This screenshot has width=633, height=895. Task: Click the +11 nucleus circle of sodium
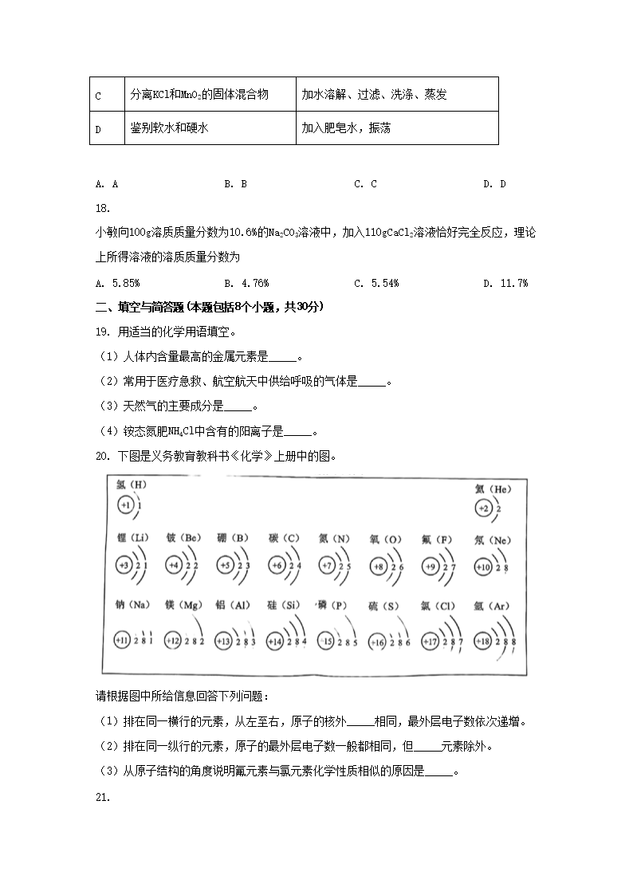[122, 641]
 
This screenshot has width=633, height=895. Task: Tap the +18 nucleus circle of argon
[483, 641]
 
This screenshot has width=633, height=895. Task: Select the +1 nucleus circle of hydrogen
[124, 505]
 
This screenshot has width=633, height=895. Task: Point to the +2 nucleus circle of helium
[483, 508]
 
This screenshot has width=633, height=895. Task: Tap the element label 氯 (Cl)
[438, 606]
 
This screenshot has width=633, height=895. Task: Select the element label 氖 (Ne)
[491, 540]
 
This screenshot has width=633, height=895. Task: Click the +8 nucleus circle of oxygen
[379, 566]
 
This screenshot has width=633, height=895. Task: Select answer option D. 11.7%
[505, 283]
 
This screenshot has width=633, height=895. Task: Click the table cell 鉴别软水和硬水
[169, 128]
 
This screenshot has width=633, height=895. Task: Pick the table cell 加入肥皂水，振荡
[346, 128]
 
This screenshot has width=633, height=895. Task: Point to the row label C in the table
[98, 96]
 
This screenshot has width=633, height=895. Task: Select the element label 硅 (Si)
[285, 606]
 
